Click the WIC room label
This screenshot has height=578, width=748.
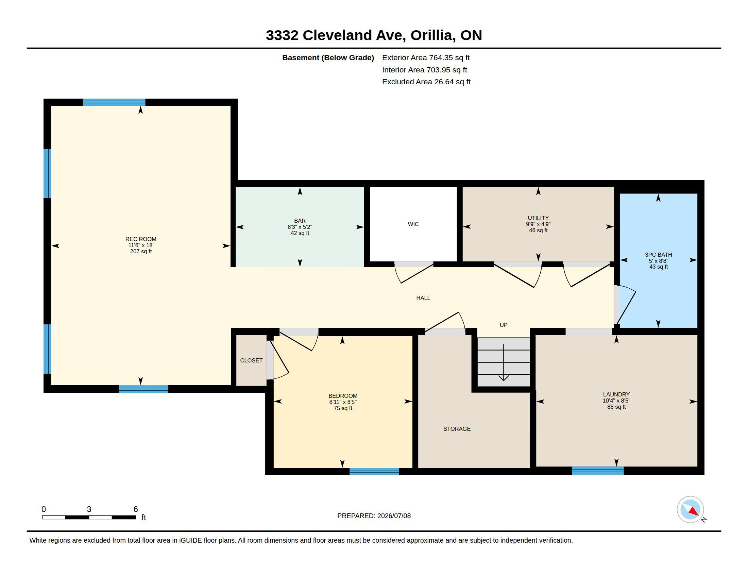click(x=413, y=224)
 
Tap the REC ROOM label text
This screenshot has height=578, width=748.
click(x=141, y=239)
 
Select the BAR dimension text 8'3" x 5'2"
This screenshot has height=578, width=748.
click(x=300, y=227)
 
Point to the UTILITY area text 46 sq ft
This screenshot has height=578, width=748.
click(x=538, y=231)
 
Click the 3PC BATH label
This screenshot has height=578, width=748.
click(x=658, y=254)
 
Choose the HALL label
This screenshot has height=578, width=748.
click(x=423, y=298)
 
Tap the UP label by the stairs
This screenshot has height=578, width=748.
click(x=504, y=325)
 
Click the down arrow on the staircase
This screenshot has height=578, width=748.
click(x=504, y=362)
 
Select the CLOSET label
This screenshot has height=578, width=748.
click(x=251, y=360)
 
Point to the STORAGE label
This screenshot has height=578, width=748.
click(x=457, y=429)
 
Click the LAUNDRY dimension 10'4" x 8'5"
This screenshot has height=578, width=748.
click(x=616, y=401)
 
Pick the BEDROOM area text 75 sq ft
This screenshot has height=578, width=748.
click(x=343, y=408)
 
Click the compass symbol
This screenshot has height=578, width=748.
click(x=690, y=510)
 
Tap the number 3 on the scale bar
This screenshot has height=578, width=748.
click(x=89, y=509)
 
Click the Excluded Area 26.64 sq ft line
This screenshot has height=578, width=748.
click(x=426, y=82)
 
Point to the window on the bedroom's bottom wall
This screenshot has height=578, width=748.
click(x=374, y=471)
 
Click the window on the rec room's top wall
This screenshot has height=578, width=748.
click(x=114, y=102)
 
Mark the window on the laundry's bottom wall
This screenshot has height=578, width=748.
click(x=598, y=471)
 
